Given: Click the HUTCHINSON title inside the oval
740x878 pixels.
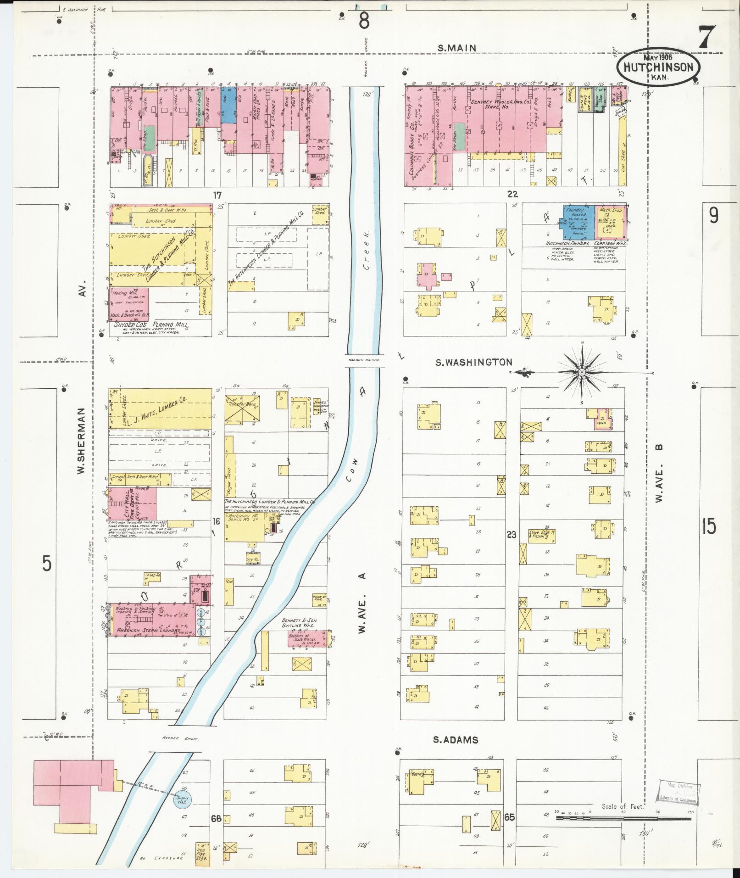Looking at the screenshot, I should [658, 67].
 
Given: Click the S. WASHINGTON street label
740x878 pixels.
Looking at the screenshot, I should [473, 363].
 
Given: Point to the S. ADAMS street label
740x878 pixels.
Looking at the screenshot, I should [456, 740].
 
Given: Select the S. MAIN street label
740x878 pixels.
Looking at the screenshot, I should [457, 48].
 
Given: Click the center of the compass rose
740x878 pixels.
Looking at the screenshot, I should [581, 372].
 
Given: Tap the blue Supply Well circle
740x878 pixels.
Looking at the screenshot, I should [182, 799].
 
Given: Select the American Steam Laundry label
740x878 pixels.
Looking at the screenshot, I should [145, 631].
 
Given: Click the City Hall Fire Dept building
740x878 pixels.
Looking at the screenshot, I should [132, 503].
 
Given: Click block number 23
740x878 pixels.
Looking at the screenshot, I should [511, 534].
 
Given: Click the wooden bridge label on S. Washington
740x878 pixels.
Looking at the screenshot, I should [364, 360].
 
